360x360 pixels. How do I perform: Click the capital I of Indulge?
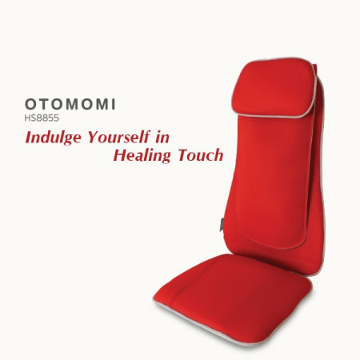point(28,137)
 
